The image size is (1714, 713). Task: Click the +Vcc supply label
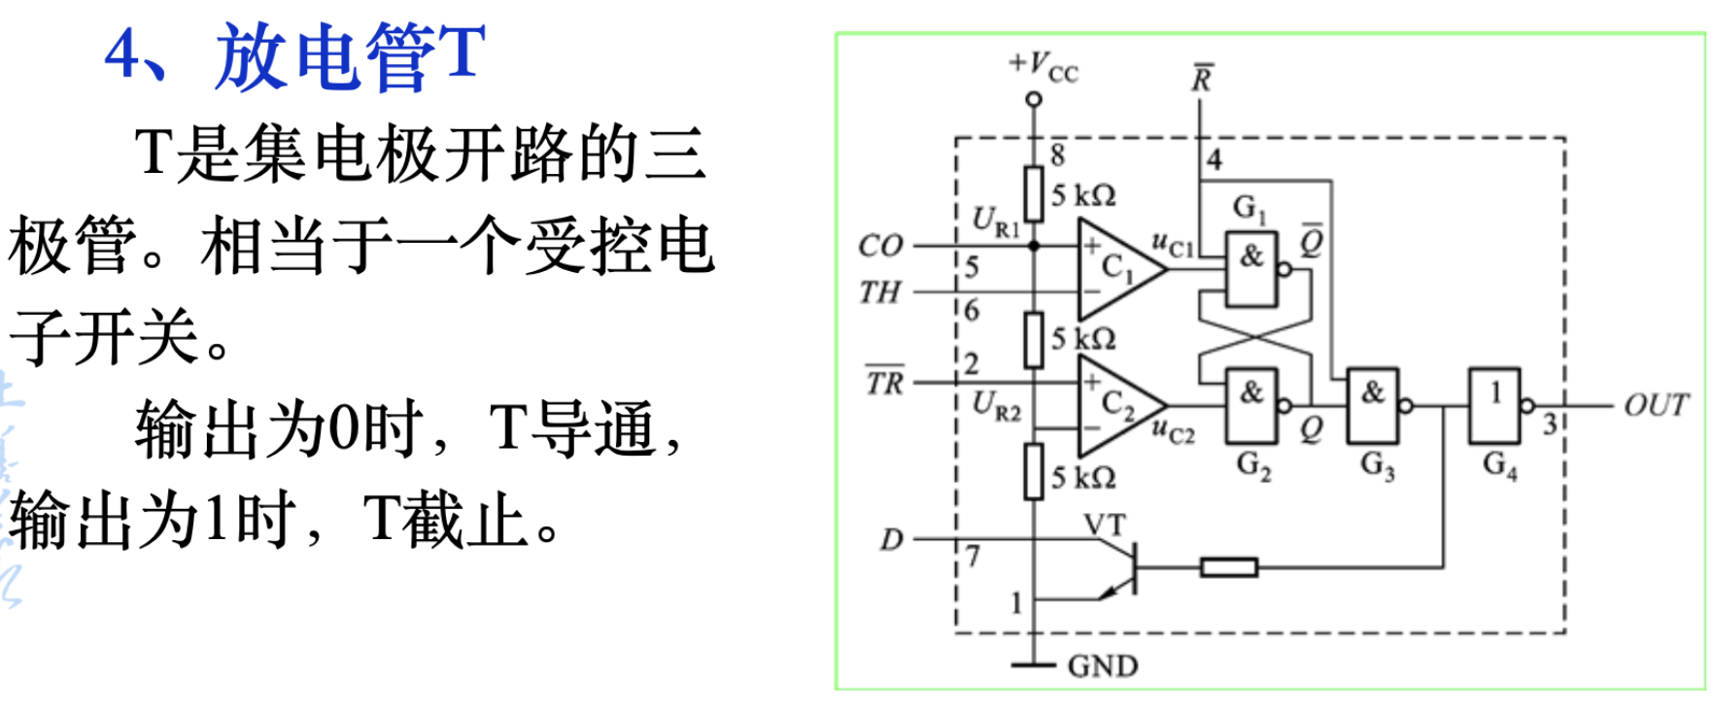[1044, 67]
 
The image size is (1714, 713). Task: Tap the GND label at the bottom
[1102, 666]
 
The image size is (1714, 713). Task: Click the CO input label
[880, 246]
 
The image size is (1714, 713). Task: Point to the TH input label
[879, 291]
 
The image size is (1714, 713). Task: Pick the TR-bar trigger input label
[884, 382]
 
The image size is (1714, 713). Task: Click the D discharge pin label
[891, 539]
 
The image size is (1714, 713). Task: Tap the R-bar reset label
[1202, 79]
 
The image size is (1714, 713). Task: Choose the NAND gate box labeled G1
[1251, 269]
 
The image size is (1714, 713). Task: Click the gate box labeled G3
[1372, 405]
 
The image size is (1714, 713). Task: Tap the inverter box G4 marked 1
[1494, 405]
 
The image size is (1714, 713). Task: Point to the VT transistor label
[1105, 526]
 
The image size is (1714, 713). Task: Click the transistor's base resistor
[1228, 566]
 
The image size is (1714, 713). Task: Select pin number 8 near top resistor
[1057, 154]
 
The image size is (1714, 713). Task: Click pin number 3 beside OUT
[1550, 424]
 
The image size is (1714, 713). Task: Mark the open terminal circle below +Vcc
[1034, 99]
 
